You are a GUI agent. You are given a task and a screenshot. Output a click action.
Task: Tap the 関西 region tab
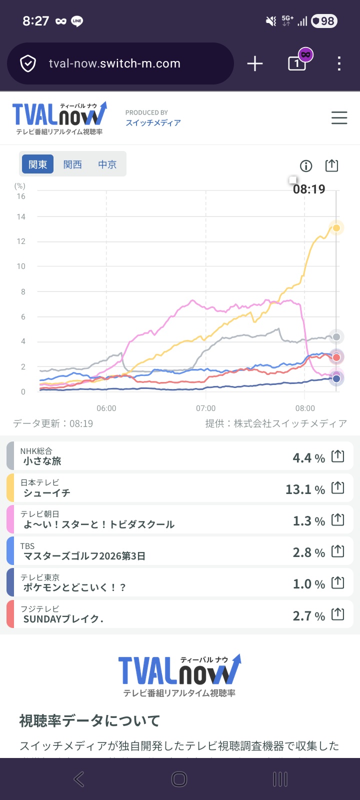[x=72, y=164]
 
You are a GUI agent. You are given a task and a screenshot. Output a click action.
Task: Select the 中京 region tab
[x=107, y=164]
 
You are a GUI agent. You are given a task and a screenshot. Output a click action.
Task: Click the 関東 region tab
[x=37, y=164]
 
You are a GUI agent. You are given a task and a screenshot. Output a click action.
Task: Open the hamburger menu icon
[x=339, y=118]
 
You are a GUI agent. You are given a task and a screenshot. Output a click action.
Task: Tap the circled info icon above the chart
[x=305, y=166]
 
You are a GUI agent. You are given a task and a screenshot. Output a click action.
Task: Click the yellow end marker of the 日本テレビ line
[x=336, y=228]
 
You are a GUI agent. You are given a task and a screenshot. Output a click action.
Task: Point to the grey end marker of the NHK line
[x=336, y=337]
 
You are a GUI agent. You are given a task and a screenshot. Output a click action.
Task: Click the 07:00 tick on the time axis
[x=205, y=408]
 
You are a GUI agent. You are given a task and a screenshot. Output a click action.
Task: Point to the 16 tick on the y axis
[x=21, y=196]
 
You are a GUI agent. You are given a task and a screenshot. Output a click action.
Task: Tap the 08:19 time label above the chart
[x=309, y=189]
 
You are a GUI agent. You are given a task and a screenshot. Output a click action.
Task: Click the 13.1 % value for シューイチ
[x=305, y=489]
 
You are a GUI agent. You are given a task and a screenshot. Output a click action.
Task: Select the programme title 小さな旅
[x=42, y=461]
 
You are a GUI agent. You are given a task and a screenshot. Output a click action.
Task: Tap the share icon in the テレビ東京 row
[x=338, y=583]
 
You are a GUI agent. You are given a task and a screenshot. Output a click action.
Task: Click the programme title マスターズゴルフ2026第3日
[x=84, y=556]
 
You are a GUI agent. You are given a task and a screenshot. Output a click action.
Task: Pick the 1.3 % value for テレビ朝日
[x=308, y=521]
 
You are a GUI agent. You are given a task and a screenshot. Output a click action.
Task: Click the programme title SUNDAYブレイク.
[x=63, y=619]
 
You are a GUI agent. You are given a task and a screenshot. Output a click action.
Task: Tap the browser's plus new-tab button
[x=255, y=63]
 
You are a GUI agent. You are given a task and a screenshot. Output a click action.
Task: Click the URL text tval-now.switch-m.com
[x=114, y=63]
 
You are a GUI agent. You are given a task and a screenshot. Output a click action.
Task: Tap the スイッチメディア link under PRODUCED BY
[x=153, y=123]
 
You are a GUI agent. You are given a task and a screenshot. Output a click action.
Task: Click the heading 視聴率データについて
[x=89, y=720]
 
